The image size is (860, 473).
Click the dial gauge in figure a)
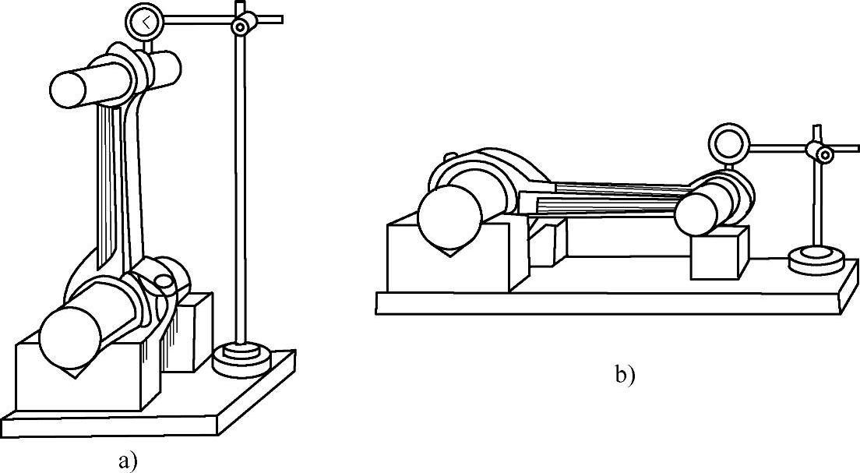pos(143,22)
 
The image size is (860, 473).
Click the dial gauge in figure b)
pos(728,144)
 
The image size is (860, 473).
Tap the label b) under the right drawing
pos(625,376)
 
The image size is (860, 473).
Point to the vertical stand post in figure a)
pos(241,195)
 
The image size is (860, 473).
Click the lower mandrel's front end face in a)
pos(70,337)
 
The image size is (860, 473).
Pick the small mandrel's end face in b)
pos(696,214)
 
